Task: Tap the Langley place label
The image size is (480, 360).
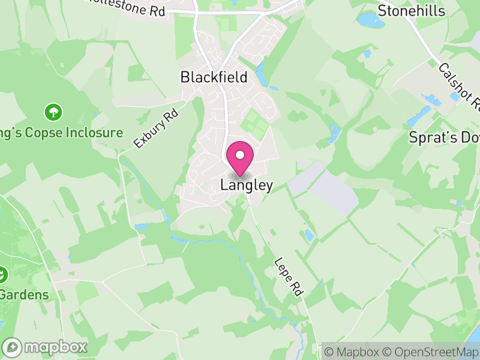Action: pos(247,185)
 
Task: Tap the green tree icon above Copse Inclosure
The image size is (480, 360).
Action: pos(53,112)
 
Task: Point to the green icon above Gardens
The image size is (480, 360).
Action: pos(3,275)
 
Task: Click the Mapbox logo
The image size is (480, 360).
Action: pos(45,347)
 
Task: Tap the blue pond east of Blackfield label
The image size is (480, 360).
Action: pos(262,74)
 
